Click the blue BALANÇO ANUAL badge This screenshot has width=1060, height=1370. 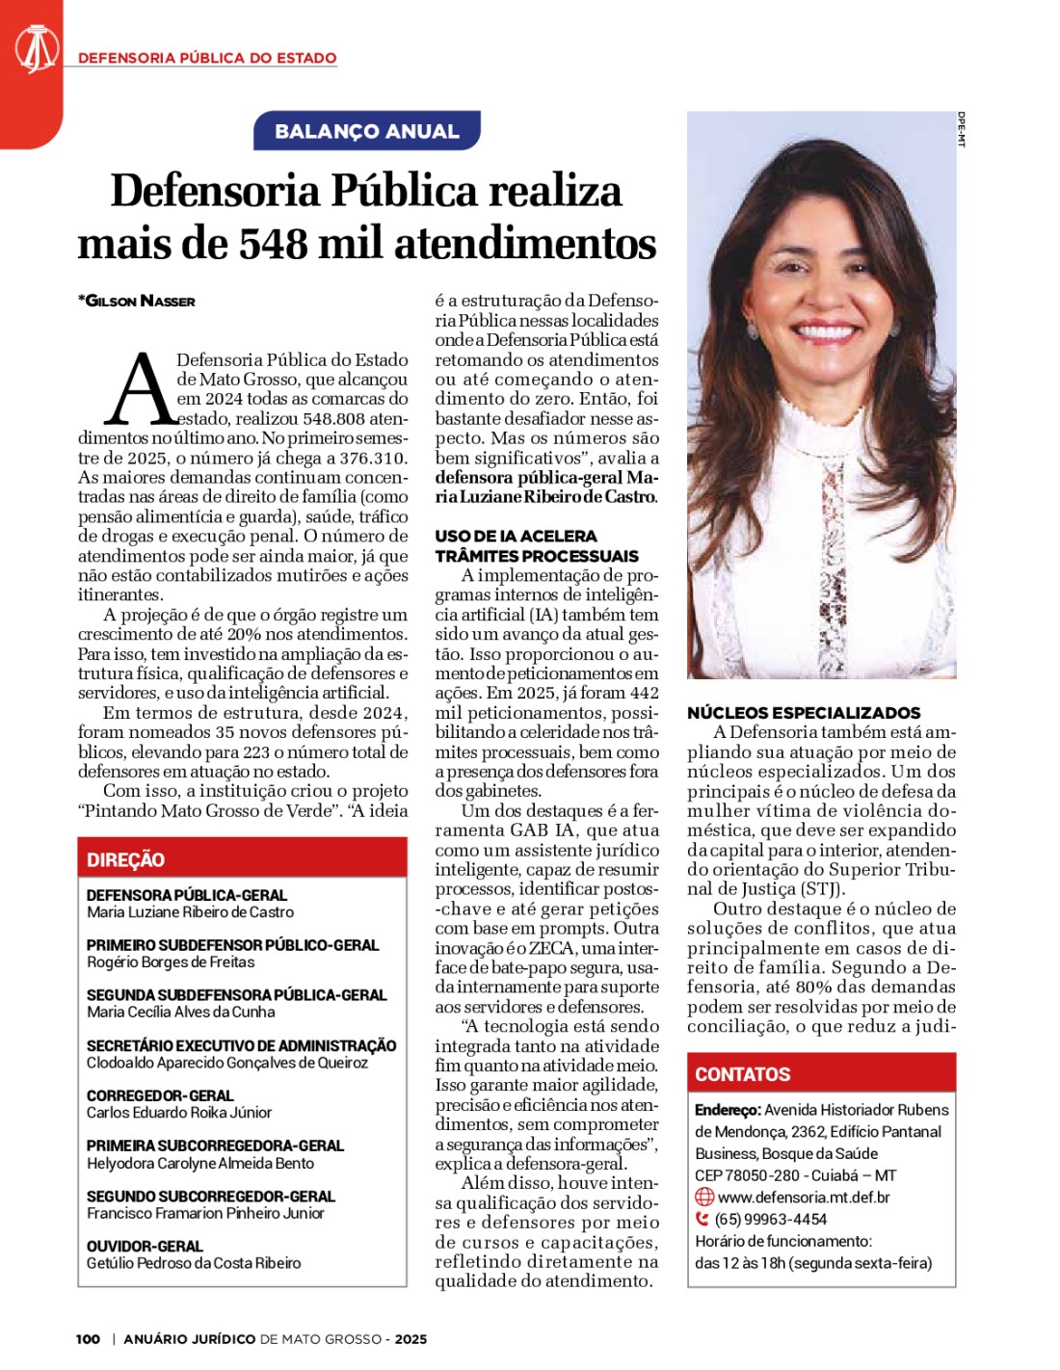coord(366,131)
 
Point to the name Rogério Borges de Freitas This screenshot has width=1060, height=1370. coord(171,962)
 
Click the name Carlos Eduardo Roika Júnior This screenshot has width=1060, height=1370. coord(179,1112)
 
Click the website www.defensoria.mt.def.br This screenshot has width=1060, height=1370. coord(804,1197)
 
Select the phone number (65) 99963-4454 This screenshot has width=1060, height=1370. coord(771,1219)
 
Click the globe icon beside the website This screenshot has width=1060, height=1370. coord(704,1197)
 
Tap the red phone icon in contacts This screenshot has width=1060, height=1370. coord(702,1219)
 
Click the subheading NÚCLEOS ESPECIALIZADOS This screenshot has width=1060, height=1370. coord(804,713)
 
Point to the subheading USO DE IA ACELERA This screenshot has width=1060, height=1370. coord(516,536)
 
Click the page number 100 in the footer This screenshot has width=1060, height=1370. coord(88,1338)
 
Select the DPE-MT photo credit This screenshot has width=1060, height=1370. coord(962,129)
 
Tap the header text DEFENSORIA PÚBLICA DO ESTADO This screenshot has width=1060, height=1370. coord(207,58)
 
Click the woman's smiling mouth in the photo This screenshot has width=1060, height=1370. coord(825,329)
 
